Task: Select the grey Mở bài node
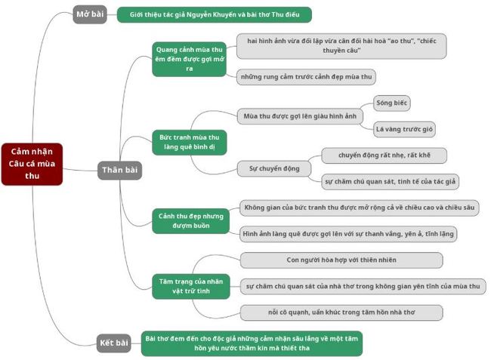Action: [90, 14]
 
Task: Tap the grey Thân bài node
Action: [119, 170]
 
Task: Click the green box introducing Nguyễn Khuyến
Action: [214, 14]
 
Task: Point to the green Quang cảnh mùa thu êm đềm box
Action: [190, 58]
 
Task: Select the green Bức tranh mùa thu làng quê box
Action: [190, 143]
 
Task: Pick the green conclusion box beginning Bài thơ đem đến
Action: [252, 343]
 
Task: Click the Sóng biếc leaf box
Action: [392, 103]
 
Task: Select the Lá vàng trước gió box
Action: [405, 129]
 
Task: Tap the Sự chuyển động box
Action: [270, 168]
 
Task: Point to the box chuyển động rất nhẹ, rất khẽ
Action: [384, 155]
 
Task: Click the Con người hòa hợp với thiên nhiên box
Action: [341, 260]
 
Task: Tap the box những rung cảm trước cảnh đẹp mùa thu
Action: [305, 77]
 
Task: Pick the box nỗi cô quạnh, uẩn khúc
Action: [341, 312]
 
